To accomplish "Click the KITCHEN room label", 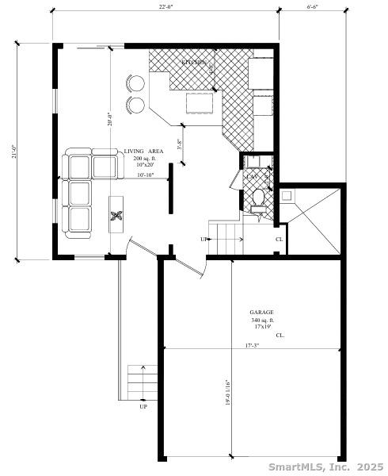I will click(194, 62).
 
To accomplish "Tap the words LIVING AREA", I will click(143, 152).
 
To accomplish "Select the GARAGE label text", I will click(262, 313).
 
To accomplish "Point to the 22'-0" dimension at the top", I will click(165, 7).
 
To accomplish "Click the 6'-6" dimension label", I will click(314, 7).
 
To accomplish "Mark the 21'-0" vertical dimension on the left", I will click(13, 151).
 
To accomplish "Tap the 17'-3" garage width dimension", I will click(253, 345).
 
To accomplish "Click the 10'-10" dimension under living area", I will click(145, 175).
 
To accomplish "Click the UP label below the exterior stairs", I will click(143, 407).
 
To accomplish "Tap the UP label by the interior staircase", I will click(204, 239).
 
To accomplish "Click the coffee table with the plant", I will click(116, 214).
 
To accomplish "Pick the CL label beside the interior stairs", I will click(279, 239).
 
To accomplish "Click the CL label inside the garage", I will click(280, 336).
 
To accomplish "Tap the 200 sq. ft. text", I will click(143, 159).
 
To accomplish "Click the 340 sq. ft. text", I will click(262, 320).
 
